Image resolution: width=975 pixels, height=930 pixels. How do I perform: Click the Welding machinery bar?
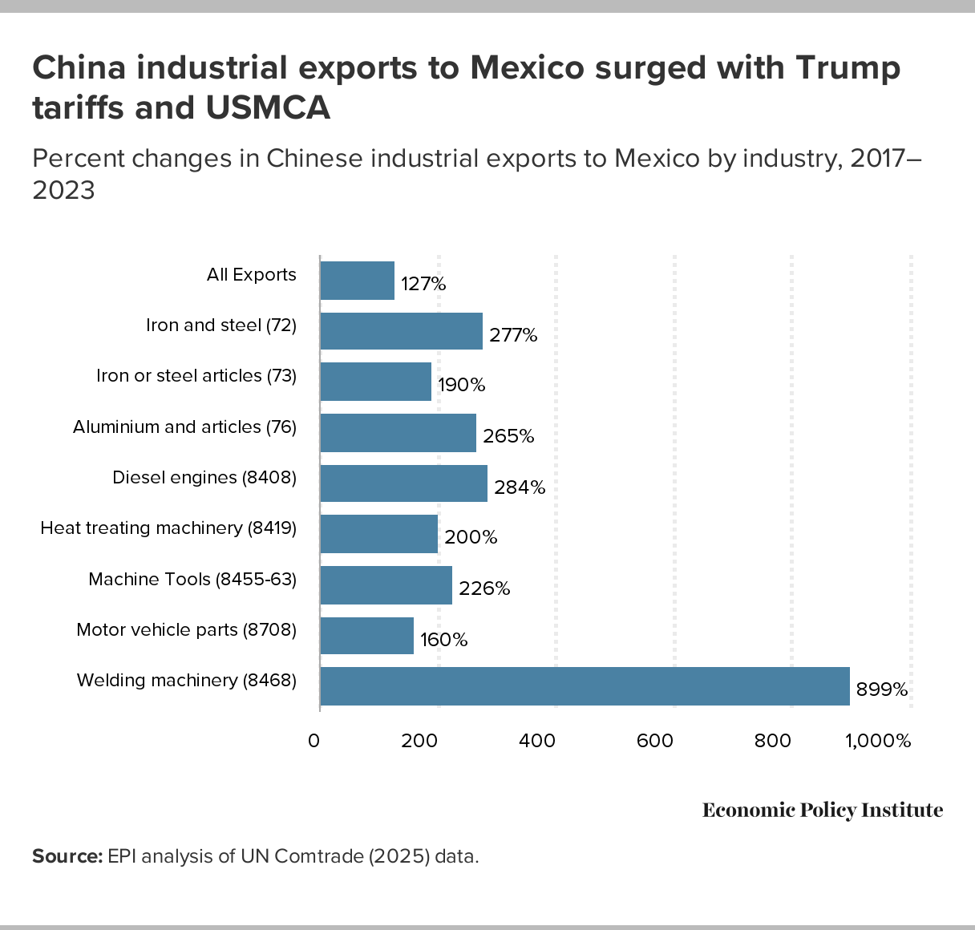tap(585, 686)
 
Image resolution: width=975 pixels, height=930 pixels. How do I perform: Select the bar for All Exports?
tap(358, 281)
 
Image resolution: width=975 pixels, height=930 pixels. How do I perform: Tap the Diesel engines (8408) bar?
tap(403, 483)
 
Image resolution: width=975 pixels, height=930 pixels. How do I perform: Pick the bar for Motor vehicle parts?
tap(367, 636)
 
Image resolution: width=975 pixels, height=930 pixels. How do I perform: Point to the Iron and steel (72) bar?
tap(401, 331)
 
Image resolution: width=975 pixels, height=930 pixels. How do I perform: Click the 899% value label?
tap(882, 689)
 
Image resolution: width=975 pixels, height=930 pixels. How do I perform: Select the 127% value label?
tap(423, 284)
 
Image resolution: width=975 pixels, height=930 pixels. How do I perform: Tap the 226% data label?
tap(484, 588)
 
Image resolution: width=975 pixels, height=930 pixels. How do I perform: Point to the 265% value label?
tap(508, 436)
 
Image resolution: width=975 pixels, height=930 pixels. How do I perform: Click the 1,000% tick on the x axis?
tap(879, 741)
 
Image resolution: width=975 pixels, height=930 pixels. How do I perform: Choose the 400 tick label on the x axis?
tap(537, 741)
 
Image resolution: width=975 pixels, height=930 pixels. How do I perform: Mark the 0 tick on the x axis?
tap(314, 741)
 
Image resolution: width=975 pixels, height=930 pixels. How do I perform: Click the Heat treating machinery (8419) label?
tap(168, 528)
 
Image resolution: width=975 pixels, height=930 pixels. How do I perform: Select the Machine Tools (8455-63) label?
tap(192, 579)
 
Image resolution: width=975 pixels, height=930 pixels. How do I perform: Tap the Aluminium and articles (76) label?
tap(184, 427)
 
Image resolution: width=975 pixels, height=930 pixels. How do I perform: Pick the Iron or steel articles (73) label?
tap(196, 376)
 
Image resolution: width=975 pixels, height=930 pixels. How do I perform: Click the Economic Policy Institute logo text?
tap(823, 811)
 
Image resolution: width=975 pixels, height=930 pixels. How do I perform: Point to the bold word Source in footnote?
tap(67, 856)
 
